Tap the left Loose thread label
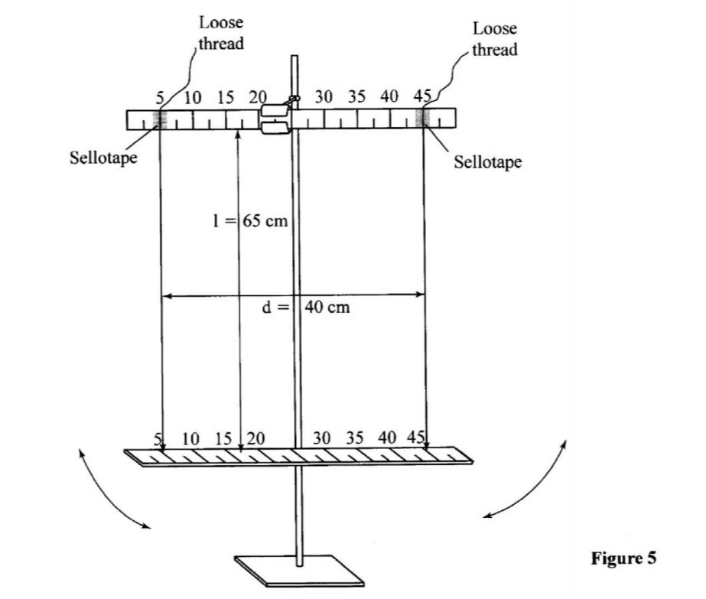coord(221,33)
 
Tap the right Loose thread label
coord(494,39)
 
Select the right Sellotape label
coord(488,162)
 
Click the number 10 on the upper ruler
coord(193,97)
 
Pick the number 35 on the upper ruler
coord(357,97)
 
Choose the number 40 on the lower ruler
coord(388,438)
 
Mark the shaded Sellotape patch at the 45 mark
coord(423,118)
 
